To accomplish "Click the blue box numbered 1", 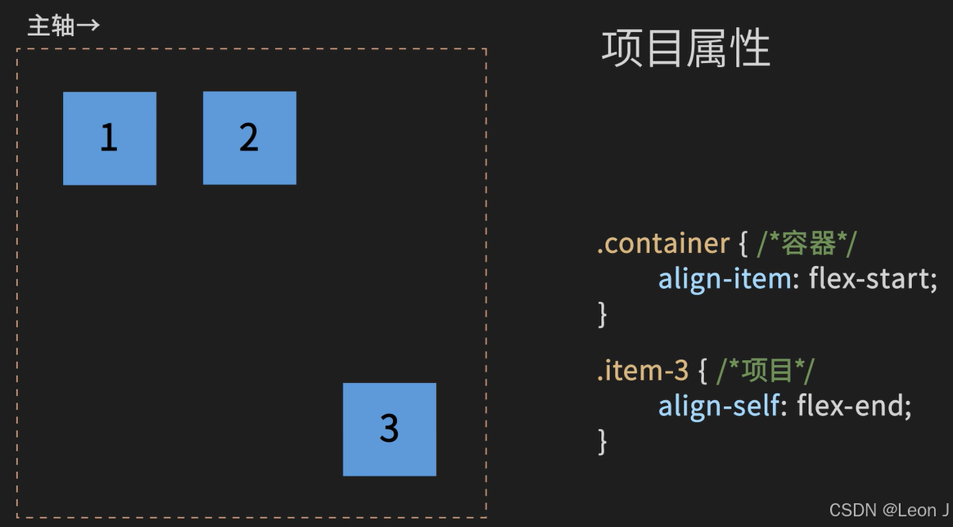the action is pyautogui.click(x=110, y=138).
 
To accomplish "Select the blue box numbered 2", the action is pyautogui.click(x=250, y=137).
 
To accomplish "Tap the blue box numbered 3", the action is pyautogui.click(x=390, y=429).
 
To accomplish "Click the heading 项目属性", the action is pyautogui.click(x=686, y=48).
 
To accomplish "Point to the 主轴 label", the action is pyautogui.click(x=51, y=25).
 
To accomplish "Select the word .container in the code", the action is pyautogui.click(x=663, y=243).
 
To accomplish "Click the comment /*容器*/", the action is pyautogui.click(x=807, y=243).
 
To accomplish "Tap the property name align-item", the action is pyautogui.click(x=725, y=279).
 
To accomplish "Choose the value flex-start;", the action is pyautogui.click(x=873, y=279).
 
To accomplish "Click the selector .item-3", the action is pyautogui.click(x=643, y=371).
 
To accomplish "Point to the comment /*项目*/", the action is pyautogui.click(x=766, y=371).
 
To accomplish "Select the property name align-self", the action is pyautogui.click(x=719, y=406).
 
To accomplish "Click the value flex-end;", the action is pyautogui.click(x=854, y=406).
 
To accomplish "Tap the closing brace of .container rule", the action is pyautogui.click(x=603, y=313).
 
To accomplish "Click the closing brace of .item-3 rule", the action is pyautogui.click(x=603, y=441).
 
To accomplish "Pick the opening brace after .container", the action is pyautogui.click(x=743, y=244).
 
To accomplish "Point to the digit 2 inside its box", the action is pyautogui.click(x=249, y=137).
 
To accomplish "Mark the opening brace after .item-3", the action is pyautogui.click(x=702, y=372).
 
